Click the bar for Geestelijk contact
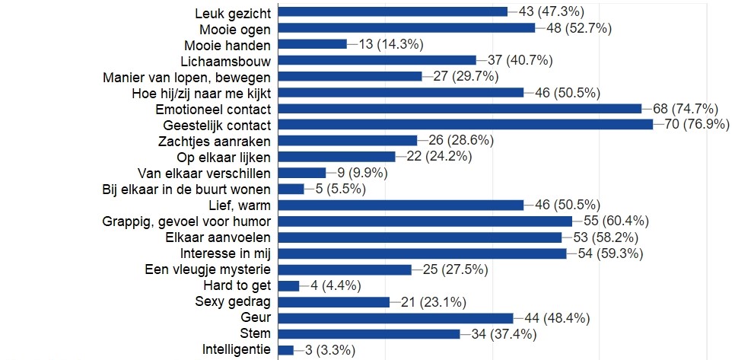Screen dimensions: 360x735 [x=466, y=125]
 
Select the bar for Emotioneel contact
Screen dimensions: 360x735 [x=460, y=109]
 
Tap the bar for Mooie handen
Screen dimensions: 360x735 [x=313, y=44]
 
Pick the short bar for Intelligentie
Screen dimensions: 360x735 [x=286, y=350]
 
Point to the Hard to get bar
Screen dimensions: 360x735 [x=289, y=285]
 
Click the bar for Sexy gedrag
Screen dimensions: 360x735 [x=334, y=301]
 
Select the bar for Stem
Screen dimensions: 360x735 [x=369, y=334]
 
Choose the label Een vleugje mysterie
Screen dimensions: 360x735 [x=208, y=269]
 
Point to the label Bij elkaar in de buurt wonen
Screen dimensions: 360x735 [x=187, y=189]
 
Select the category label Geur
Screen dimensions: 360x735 [x=257, y=317]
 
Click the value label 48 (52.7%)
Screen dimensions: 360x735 [x=576, y=28]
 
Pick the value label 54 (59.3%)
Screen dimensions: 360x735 [x=607, y=253]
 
